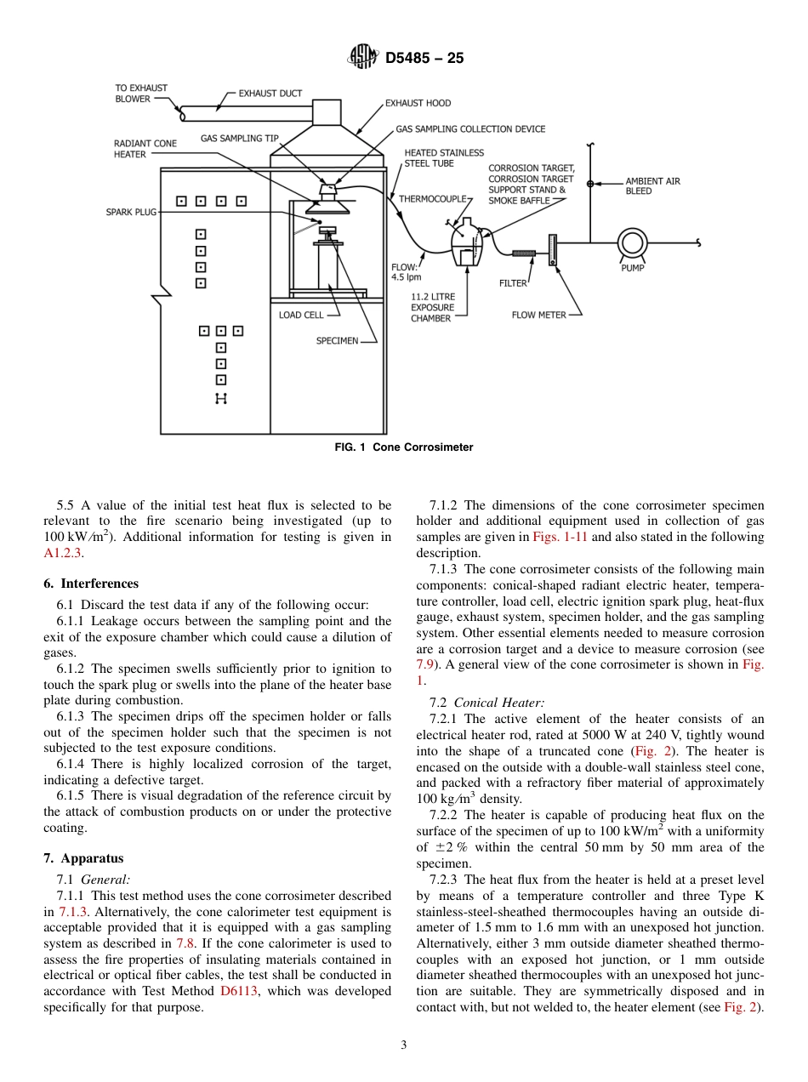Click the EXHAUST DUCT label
[270, 94]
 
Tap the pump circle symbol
[632, 242]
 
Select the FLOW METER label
[538, 315]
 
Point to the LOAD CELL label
[301, 315]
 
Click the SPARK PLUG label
[131, 212]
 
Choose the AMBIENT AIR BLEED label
[652, 186]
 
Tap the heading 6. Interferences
[91, 584]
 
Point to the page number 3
[404, 1045]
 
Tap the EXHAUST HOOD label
[418, 103]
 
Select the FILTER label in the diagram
[513, 283]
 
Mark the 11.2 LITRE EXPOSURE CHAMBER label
[433, 307]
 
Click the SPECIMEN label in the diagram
[337, 341]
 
